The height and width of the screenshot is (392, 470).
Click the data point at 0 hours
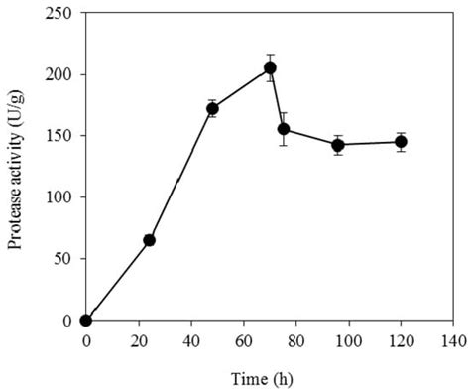coord(86,320)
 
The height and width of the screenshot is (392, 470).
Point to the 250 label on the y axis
coord(60,13)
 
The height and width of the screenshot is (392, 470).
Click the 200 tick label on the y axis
coord(60,74)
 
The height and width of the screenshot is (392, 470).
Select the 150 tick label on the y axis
coord(60,136)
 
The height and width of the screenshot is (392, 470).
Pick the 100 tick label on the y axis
coord(60,197)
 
